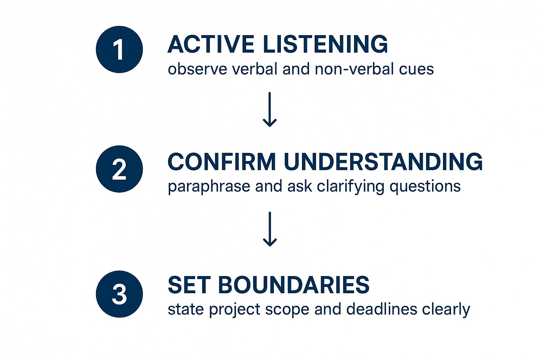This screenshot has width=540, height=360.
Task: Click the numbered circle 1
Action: pos(119,50)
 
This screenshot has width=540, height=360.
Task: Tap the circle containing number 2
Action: pos(119,169)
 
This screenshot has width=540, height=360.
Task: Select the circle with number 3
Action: pos(119,294)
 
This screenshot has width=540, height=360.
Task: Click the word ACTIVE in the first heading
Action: pos(211,44)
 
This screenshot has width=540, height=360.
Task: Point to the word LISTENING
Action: pos(326,44)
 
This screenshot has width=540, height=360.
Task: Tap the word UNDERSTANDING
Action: pos(383,162)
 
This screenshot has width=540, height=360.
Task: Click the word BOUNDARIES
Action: pos(294,285)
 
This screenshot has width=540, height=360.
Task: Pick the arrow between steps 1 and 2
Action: pos(270,109)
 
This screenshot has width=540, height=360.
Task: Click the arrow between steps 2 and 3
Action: pos(270,229)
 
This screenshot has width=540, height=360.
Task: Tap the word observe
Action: pos(198,69)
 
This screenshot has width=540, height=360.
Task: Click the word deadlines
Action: pos(381,309)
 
